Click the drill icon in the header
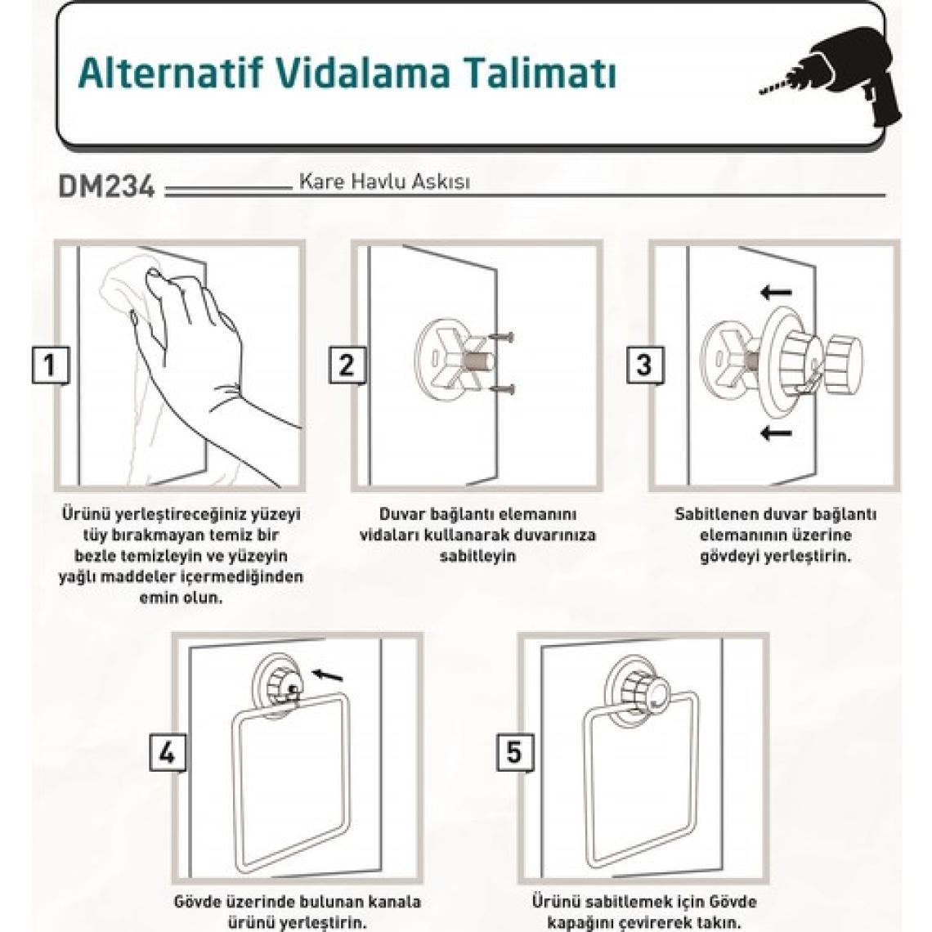pyautogui.click(x=838, y=78)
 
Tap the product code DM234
pyautogui.click(x=107, y=186)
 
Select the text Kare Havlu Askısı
pyautogui.click(x=384, y=181)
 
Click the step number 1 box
pyautogui.click(x=51, y=365)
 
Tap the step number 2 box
pyautogui.click(x=347, y=365)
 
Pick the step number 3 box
pyautogui.click(x=645, y=365)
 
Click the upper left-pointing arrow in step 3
pyautogui.click(x=777, y=292)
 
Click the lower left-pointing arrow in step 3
pyautogui.click(x=777, y=432)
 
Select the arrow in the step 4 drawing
pyautogui.click(x=328, y=674)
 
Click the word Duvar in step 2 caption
pyautogui.click(x=404, y=514)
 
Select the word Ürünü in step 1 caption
pyautogui.click(x=81, y=514)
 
